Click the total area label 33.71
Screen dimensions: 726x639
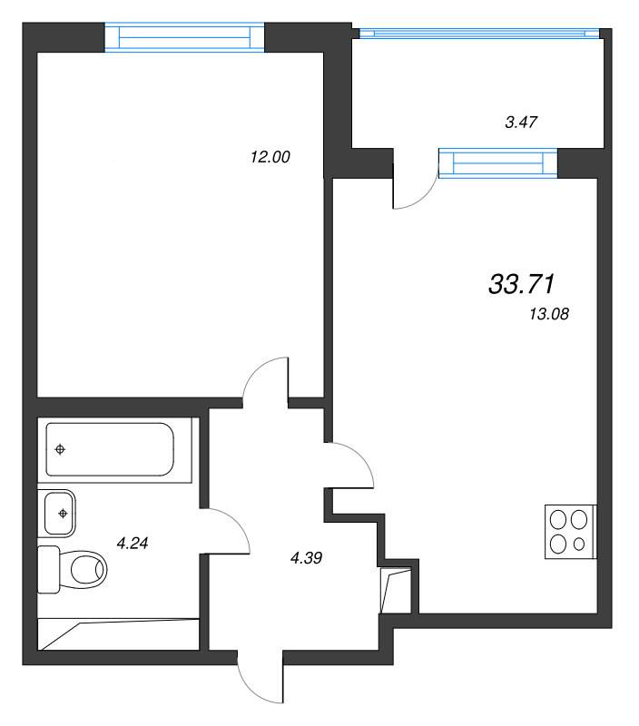521,285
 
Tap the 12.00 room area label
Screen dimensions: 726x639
270,157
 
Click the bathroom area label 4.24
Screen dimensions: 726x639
133,544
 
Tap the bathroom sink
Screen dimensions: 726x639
61,513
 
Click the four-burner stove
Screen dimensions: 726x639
569,532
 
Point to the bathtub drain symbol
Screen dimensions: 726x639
61,448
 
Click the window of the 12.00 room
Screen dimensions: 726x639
184,37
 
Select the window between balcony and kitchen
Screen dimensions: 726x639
497,162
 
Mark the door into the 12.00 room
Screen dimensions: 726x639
269,378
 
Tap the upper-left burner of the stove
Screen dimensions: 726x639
558,521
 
